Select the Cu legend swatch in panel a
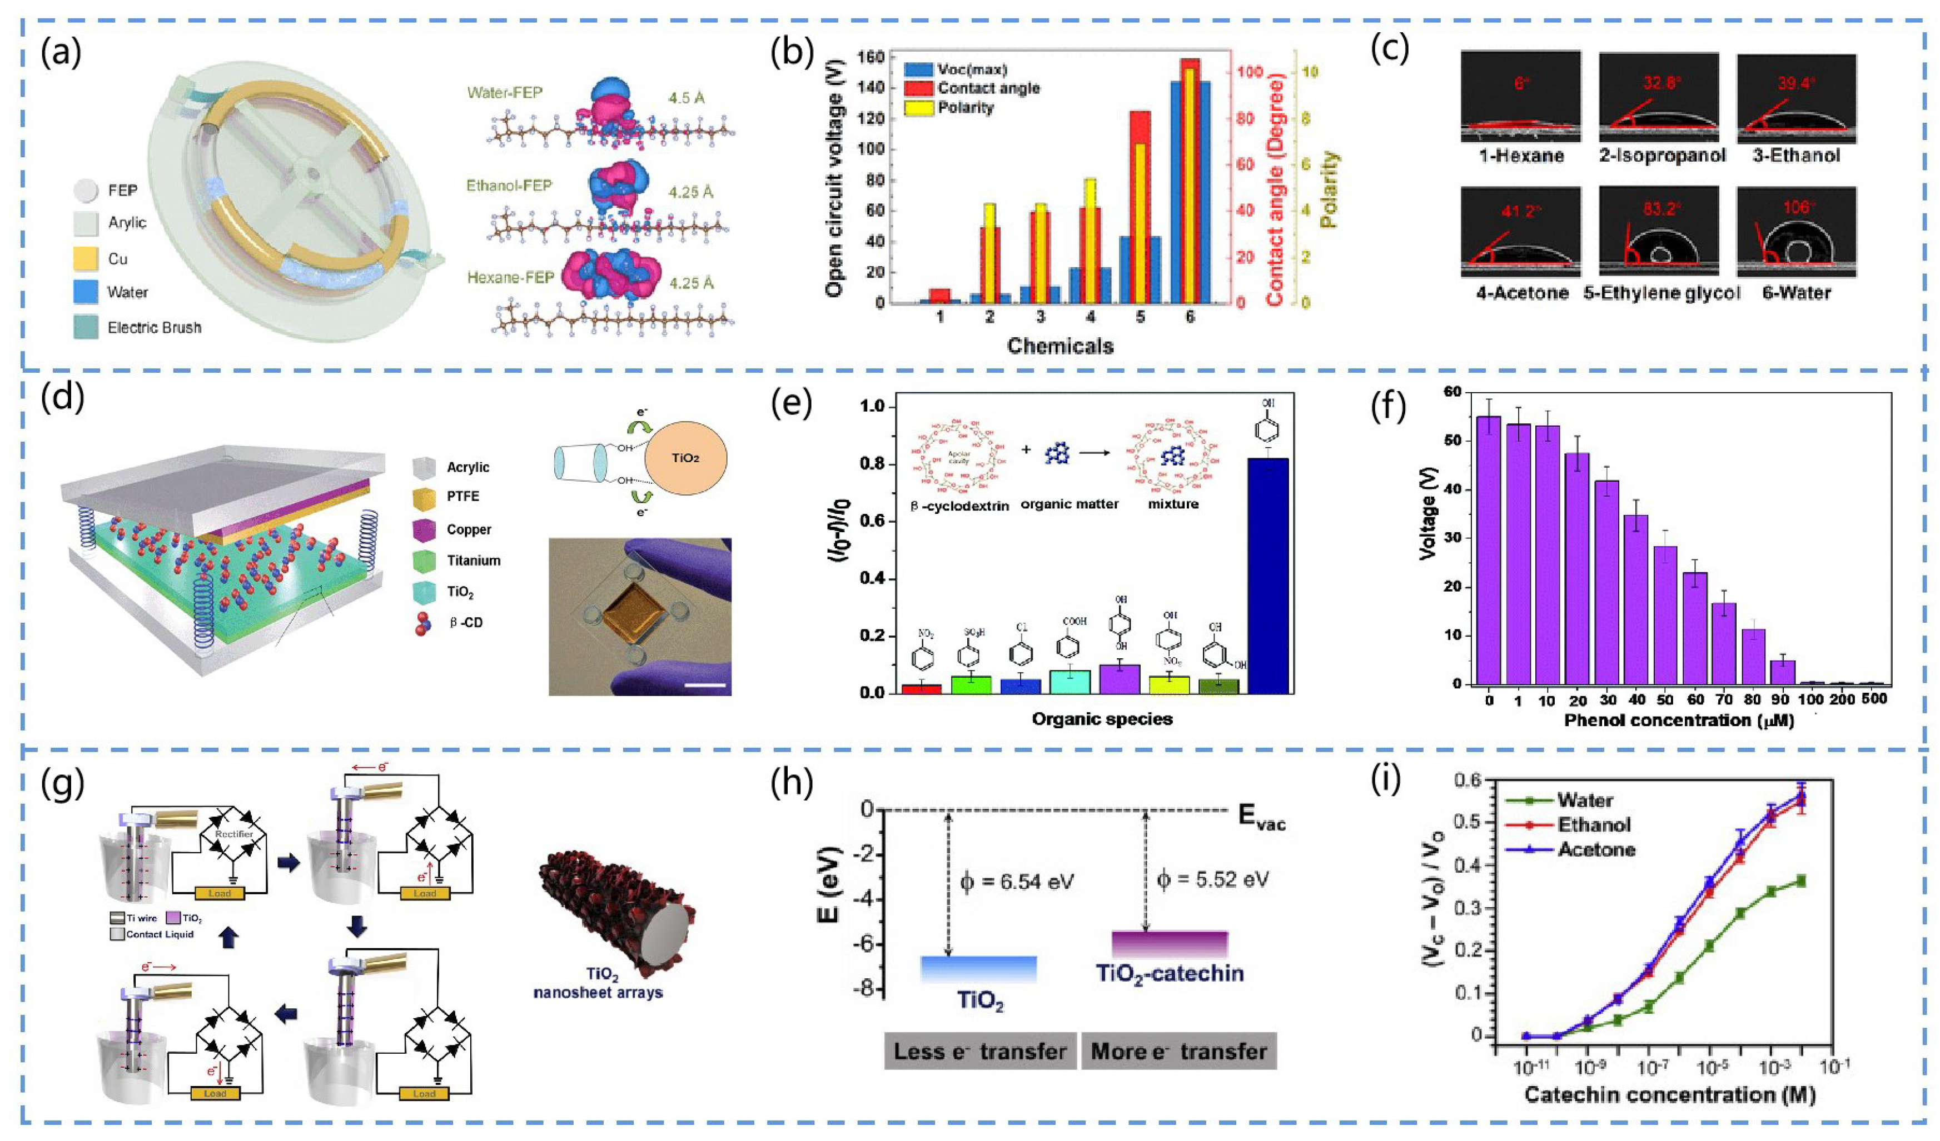coord(86,258)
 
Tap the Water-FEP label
coord(504,92)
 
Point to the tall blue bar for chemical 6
coord(1176,192)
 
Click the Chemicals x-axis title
coord(1060,346)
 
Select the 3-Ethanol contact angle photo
coord(1796,98)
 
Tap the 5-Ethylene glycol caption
coord(1662,293)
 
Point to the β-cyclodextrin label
coord(959,506)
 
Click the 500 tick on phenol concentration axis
coord(1872,699)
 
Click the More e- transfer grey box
coord(1178,1051)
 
